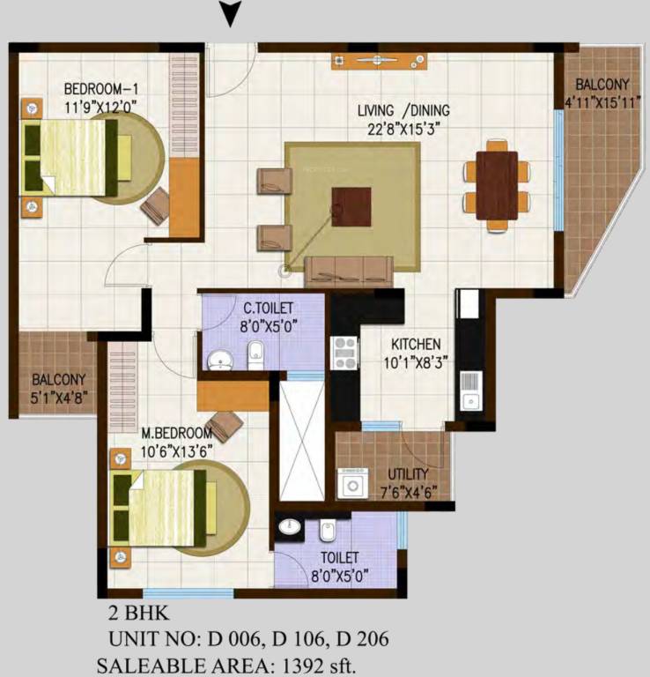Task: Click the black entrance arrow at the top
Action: click(230, 13)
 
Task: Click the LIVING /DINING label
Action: click(403, 111)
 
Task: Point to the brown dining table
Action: click(497, 185)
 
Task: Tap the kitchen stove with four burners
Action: click(343, 353)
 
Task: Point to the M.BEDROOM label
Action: click(177, 434)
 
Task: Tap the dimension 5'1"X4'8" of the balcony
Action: click(58, 396)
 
